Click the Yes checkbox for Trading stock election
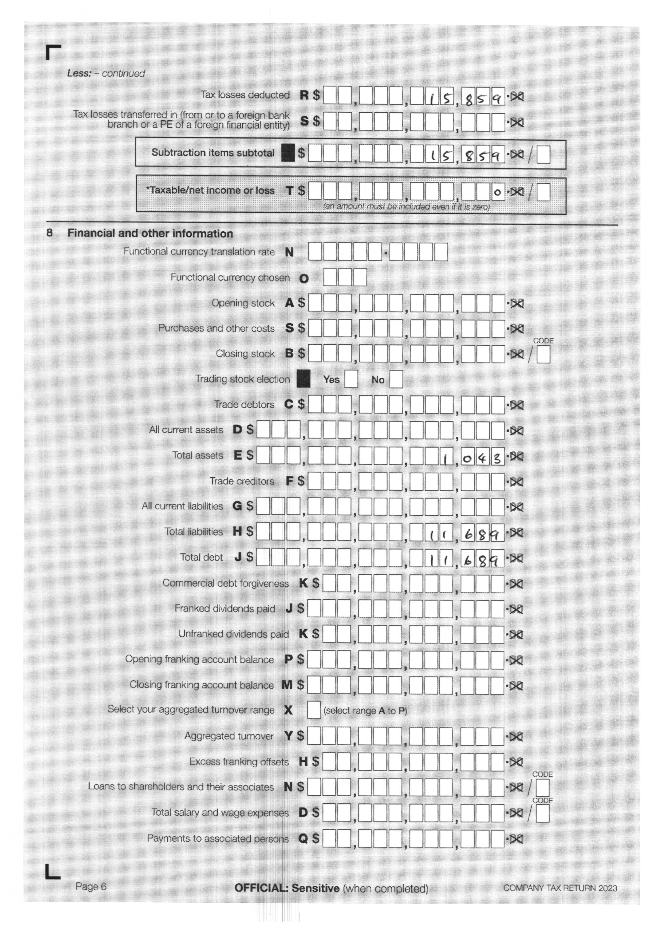coord(351,379)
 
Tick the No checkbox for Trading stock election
coord(396,379)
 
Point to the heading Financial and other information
coord(150,234)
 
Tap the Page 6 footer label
coord(91,886)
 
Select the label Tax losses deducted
coord(245,95)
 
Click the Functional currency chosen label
coord(230,278)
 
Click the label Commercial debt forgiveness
coord(225,583)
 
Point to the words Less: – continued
coord(106,73)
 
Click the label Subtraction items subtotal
coord(213,153)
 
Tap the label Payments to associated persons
coord(218,839)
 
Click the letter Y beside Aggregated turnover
coord(288,736)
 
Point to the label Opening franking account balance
coord(199,659)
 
